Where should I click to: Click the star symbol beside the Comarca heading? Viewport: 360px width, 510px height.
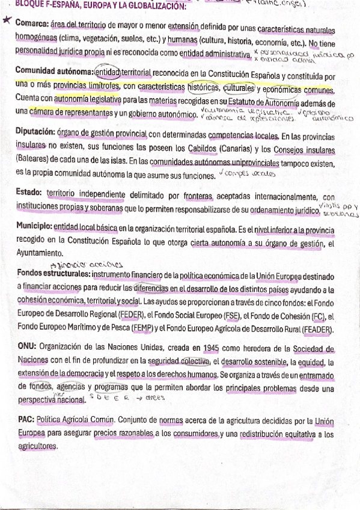[x=6, y=22]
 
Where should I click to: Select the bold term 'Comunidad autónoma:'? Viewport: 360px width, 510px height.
[x=54, y=72]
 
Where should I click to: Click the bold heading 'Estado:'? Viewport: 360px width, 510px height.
[x=29, y=194]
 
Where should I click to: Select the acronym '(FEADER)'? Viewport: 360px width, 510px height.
[x=317, y=329]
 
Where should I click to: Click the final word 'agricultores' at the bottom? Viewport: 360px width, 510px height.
[x=37, y=446]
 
